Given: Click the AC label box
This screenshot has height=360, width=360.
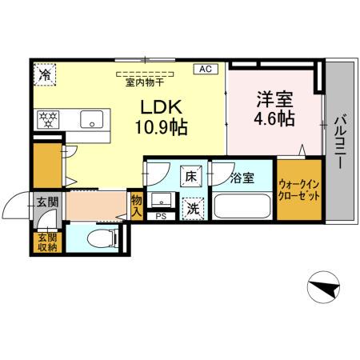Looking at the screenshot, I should tap(204, 70).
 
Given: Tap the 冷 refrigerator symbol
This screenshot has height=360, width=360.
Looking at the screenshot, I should tap(45, 75).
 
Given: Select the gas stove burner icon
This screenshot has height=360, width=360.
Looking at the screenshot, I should tap(49, 120).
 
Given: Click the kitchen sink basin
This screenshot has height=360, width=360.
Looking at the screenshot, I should tap(94, 122).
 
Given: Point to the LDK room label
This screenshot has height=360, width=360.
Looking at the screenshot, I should tap(164, 106).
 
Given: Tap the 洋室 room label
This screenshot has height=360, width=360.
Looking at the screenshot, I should tap(274, 101).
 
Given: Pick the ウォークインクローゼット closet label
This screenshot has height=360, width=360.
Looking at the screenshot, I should tap(298, 191).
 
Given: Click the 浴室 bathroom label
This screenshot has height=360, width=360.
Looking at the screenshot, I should tap(242, 178).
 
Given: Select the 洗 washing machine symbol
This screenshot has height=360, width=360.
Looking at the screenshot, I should tap(193, 209).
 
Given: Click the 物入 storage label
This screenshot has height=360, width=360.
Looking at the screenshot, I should tap(136, 206).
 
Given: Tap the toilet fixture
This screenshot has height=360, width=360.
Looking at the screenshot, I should tap(102, 238).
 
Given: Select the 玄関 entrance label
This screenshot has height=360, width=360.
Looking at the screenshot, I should tap(46, 202).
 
